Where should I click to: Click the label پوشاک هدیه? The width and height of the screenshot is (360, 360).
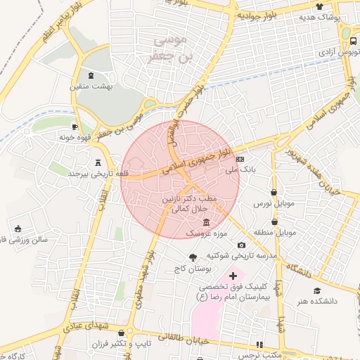coord(320,16)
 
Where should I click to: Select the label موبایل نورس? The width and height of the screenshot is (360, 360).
coord(274,203)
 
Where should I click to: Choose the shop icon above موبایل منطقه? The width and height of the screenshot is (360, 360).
coord(274,219)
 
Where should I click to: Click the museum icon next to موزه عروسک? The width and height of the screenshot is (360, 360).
coord(206,222)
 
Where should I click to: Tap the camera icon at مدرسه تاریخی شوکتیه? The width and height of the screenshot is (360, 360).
coord(241,244)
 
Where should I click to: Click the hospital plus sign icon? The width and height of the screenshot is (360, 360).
coord(233,276)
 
